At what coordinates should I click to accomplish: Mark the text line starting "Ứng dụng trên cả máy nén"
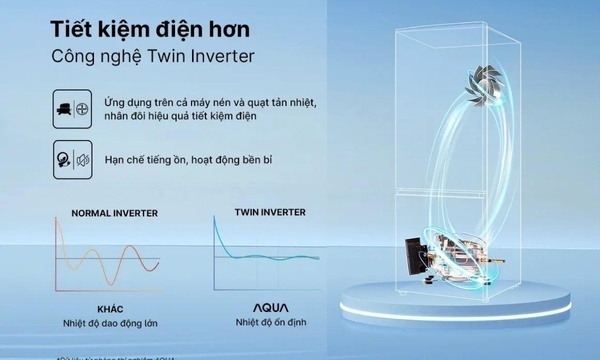[216, 102]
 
